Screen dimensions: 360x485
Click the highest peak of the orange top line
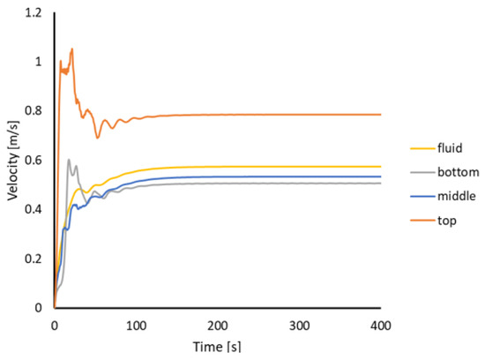click(x=71, y=49)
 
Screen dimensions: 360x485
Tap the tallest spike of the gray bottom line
click(x=69, y=160)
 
